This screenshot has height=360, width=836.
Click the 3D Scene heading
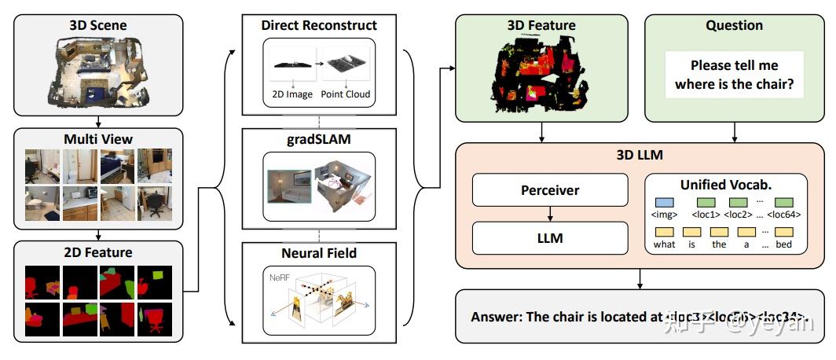[98, 25]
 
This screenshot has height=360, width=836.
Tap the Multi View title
[98, 139]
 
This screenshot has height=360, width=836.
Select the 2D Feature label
[98, 252]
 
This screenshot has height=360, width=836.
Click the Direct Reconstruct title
[319, 26]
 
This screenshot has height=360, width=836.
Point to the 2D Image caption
[288, 94]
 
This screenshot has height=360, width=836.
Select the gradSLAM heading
[319, 139]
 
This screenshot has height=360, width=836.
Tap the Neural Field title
[319, 253]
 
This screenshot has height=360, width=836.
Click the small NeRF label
[280, 277]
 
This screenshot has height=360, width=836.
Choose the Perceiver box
[550, 190]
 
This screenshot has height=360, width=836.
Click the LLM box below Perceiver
[550, 237]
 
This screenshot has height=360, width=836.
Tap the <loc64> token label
[783, 214]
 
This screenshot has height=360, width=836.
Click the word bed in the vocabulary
[783, 244]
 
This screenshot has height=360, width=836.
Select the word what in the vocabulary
[664, 244]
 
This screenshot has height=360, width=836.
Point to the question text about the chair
[735, 75]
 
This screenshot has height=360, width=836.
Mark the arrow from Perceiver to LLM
[550, 214]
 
